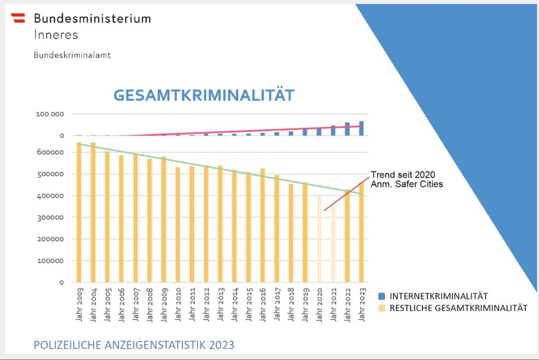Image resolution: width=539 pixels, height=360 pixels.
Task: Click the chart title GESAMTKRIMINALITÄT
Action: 204,95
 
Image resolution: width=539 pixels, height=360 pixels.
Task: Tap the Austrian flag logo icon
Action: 18,18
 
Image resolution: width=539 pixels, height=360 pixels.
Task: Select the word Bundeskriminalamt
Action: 72,55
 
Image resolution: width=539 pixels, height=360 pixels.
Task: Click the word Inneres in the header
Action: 56,35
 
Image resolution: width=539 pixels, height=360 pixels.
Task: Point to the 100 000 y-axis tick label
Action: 51,114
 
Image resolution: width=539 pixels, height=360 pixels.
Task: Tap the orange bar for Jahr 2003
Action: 79,212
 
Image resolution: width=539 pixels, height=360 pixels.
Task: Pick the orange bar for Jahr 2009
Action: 163,219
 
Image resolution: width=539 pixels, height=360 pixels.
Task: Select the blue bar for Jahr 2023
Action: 361,128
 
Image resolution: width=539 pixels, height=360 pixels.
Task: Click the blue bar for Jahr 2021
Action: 333,130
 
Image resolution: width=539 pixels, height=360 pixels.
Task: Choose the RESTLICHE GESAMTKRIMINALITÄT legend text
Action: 458,308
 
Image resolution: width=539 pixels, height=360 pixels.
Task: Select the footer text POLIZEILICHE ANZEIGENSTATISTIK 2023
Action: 134,345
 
